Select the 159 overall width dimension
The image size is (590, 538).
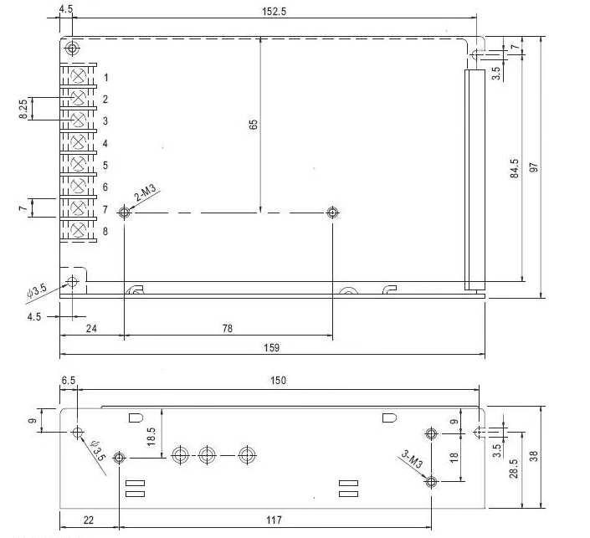[x=270, y=347]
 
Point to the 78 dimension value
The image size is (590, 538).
[x=227, y=330]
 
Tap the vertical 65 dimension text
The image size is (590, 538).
[x=254, y=124]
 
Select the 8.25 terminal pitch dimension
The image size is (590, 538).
[x=23, y=109]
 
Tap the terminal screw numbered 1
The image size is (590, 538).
[x=79, y=75]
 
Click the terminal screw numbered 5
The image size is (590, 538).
[x=79, y=162]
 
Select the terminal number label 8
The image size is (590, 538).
[x=105, y=230]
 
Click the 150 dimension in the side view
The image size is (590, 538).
[x=278, y=381]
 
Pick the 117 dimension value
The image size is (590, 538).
[x=274, y=520]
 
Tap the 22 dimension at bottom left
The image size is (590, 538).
[x=88, y=520]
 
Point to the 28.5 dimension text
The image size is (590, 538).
[x=515, y=469]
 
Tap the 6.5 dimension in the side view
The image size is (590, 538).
[x=68, y=381]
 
